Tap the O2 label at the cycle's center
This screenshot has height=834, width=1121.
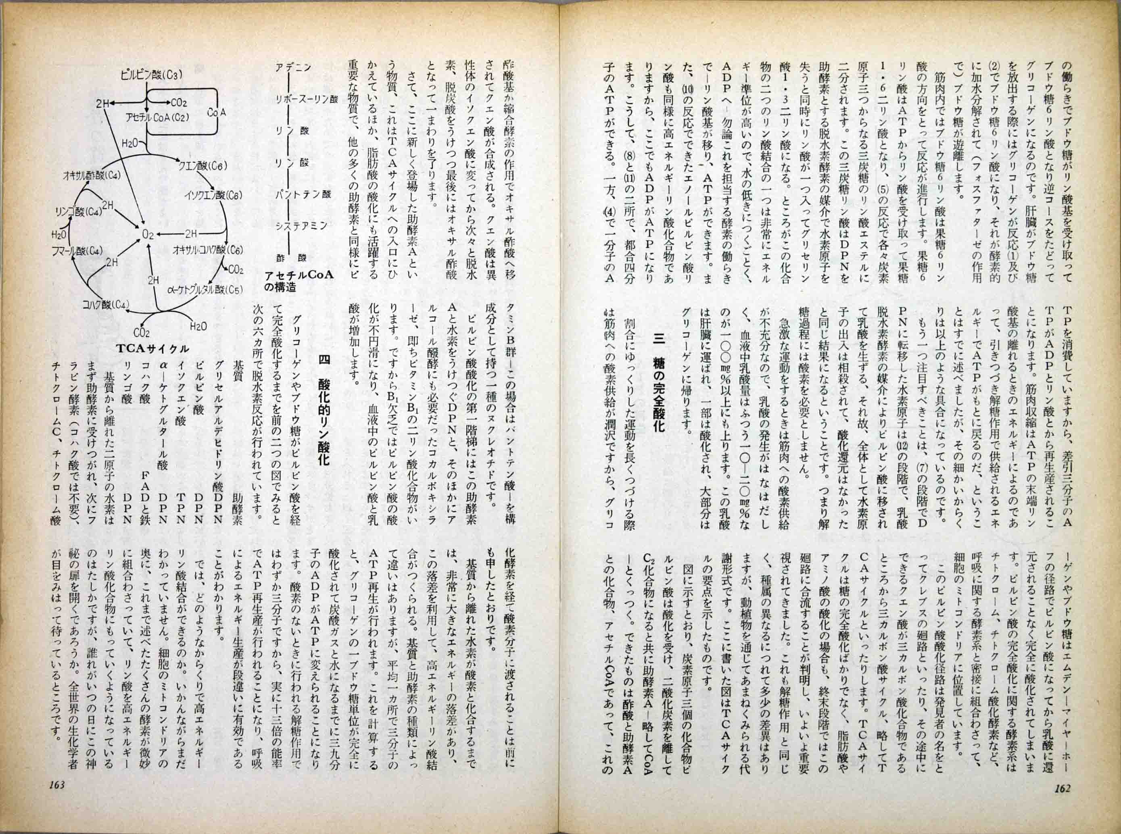(x=148, y=234)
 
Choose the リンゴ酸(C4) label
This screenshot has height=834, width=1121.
(x=78, y=210)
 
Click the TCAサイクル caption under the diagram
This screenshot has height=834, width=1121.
(x=152, y=348)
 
